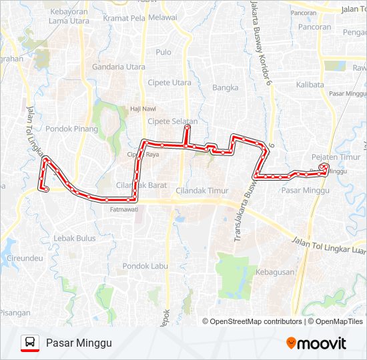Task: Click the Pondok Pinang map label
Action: tap(72, 129)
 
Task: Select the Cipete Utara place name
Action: tap(169, 83)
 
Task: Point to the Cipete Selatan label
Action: tap(173, 121)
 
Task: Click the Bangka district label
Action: tap(225, 87)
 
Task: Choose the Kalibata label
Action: tap(310, 85)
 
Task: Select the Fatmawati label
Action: tap(123, 209)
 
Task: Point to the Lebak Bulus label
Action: tap(75, 238)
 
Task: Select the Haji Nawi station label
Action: tap(143, 108)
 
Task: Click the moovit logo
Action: tap(316, 343)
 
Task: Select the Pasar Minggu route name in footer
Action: tap(79, 343)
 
